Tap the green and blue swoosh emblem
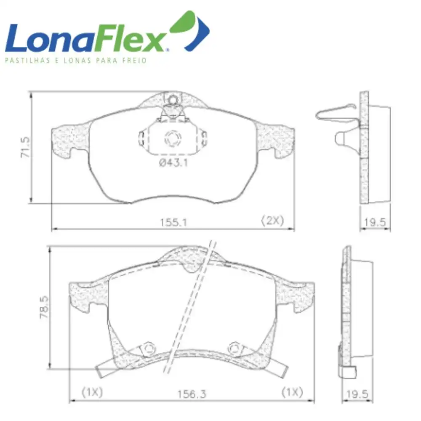pyautogui.click(x=189, y=30)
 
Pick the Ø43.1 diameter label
pyautogui.click(x=173, y=163)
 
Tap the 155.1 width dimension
pyautogui.click(x=173, y=222)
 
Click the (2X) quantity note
pyautogui.click(x=272, y=221)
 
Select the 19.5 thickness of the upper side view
pyautogui.click(x=375, y=222)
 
